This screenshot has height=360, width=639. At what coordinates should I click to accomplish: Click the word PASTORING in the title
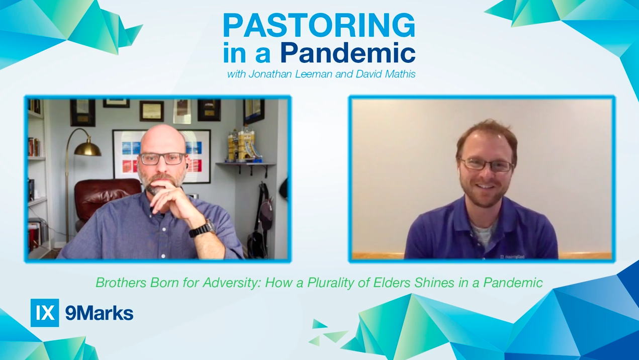click(319, 25)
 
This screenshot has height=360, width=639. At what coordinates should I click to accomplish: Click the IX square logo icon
click(45, 313)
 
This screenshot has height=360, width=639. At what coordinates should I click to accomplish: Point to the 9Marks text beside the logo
click(99, 313)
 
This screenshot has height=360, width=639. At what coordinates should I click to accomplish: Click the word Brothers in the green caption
click(121, 283)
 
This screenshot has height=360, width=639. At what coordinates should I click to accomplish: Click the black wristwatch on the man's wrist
click(201, 229)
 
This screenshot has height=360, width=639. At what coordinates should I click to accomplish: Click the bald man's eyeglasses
click(162, 158)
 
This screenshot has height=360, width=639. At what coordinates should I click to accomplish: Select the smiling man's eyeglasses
click(486, 164)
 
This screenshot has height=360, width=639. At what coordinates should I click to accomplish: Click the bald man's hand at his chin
click(166, 194)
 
